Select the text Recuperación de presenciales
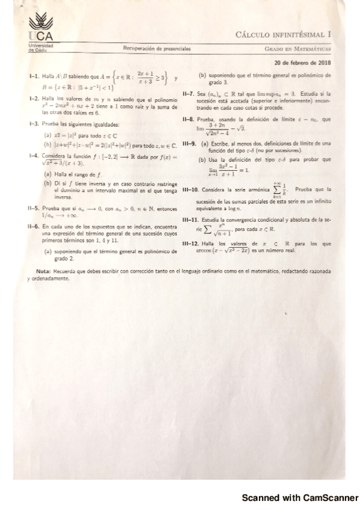tap(157, 48)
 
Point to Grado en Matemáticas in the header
tap(299, 48)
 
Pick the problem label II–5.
tap(34, 208)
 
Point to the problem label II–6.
tap(34, 226)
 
